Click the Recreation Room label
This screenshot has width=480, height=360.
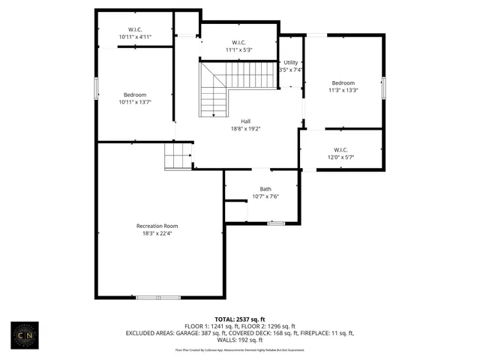click(x=157, y=226)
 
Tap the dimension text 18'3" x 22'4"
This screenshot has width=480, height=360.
click(x=157, y=233)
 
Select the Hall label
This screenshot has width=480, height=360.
click(x=245, y=121)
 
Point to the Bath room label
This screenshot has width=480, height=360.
click(x=265, y=189)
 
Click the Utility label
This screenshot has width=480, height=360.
click(x=290, y=62)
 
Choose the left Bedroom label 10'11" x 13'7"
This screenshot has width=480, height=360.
click(x=135, y=94)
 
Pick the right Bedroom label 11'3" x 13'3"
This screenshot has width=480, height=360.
click(x=343, y=82)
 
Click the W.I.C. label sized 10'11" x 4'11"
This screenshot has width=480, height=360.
click(x=135, y=29)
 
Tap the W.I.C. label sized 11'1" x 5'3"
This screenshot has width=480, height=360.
click(x=239, y=43)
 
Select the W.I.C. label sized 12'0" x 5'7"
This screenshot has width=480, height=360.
click(x=340, y=149)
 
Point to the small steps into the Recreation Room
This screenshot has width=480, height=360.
click(x=178, y=157)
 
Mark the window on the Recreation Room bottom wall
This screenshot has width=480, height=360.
click(x=158, y=298)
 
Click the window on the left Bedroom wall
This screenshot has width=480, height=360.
click(x=96, y=88)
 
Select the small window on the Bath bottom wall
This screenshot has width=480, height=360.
click(x=276, y=223)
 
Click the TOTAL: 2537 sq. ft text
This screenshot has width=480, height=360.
click(x=239, y=319)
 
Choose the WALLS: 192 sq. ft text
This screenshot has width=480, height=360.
click(x=239, y=339)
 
